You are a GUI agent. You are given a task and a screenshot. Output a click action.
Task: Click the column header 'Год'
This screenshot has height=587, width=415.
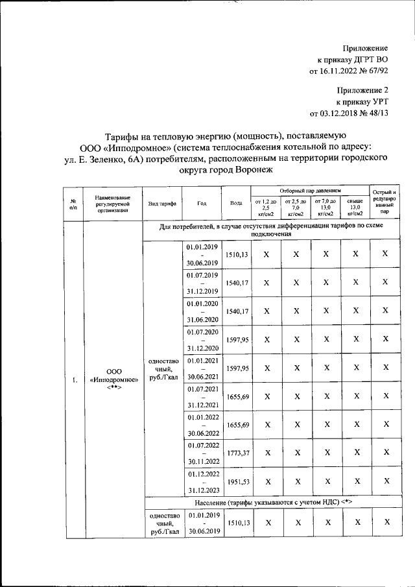pos(202,202)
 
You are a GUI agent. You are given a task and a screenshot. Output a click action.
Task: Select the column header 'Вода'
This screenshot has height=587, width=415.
pos(237,202)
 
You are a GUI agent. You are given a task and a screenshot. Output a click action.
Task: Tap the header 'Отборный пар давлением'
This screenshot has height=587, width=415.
pos(310,191)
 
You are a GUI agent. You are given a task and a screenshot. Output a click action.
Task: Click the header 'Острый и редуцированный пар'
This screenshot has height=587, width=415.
pos(385,202)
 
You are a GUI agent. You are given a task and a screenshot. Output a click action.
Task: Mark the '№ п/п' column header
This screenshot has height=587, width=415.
pos(73,202)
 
